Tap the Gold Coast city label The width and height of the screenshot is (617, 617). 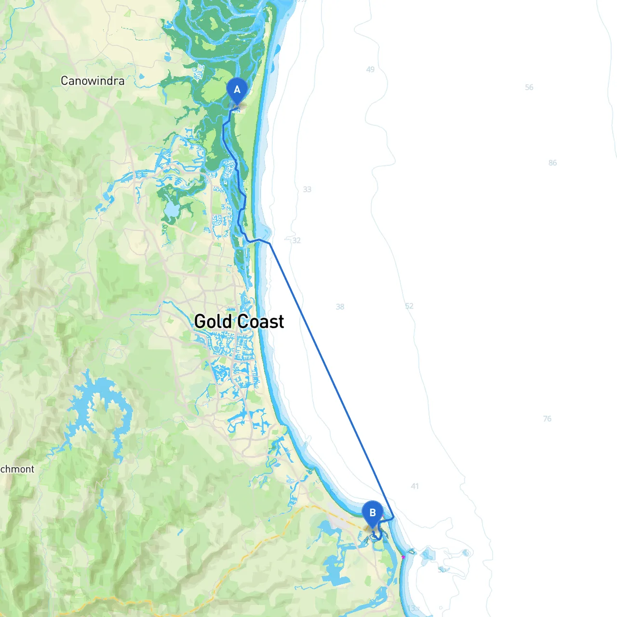point(239,322)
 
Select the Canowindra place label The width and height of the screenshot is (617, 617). point(93,81)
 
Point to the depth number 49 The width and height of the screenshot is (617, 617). point(370,69)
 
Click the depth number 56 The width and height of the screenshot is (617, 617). point(529,87)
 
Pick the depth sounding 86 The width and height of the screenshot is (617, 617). point(552,163)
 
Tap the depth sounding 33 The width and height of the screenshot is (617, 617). point(307,189)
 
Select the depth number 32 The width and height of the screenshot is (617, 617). point(296,241)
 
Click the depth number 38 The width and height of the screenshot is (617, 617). point(340,307)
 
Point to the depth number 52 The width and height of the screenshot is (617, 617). point(409,306)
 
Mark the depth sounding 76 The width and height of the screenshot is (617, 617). point(547,419)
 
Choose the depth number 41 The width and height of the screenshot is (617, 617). point(415,486)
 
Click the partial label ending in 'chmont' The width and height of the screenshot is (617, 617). point(17,469)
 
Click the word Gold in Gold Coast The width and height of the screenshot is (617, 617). point(213,322)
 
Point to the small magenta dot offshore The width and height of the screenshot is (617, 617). point(403,557)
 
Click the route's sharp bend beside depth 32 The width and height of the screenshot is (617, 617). point(270,243)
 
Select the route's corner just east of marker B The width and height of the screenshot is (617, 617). point(394,517)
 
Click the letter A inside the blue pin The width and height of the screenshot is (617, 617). point(237,90)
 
